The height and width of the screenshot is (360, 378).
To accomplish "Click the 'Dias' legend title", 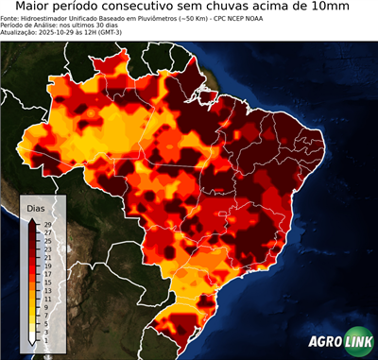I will tap(36, 207).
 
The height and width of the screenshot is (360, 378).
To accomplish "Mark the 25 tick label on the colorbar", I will tap(47, 241).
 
